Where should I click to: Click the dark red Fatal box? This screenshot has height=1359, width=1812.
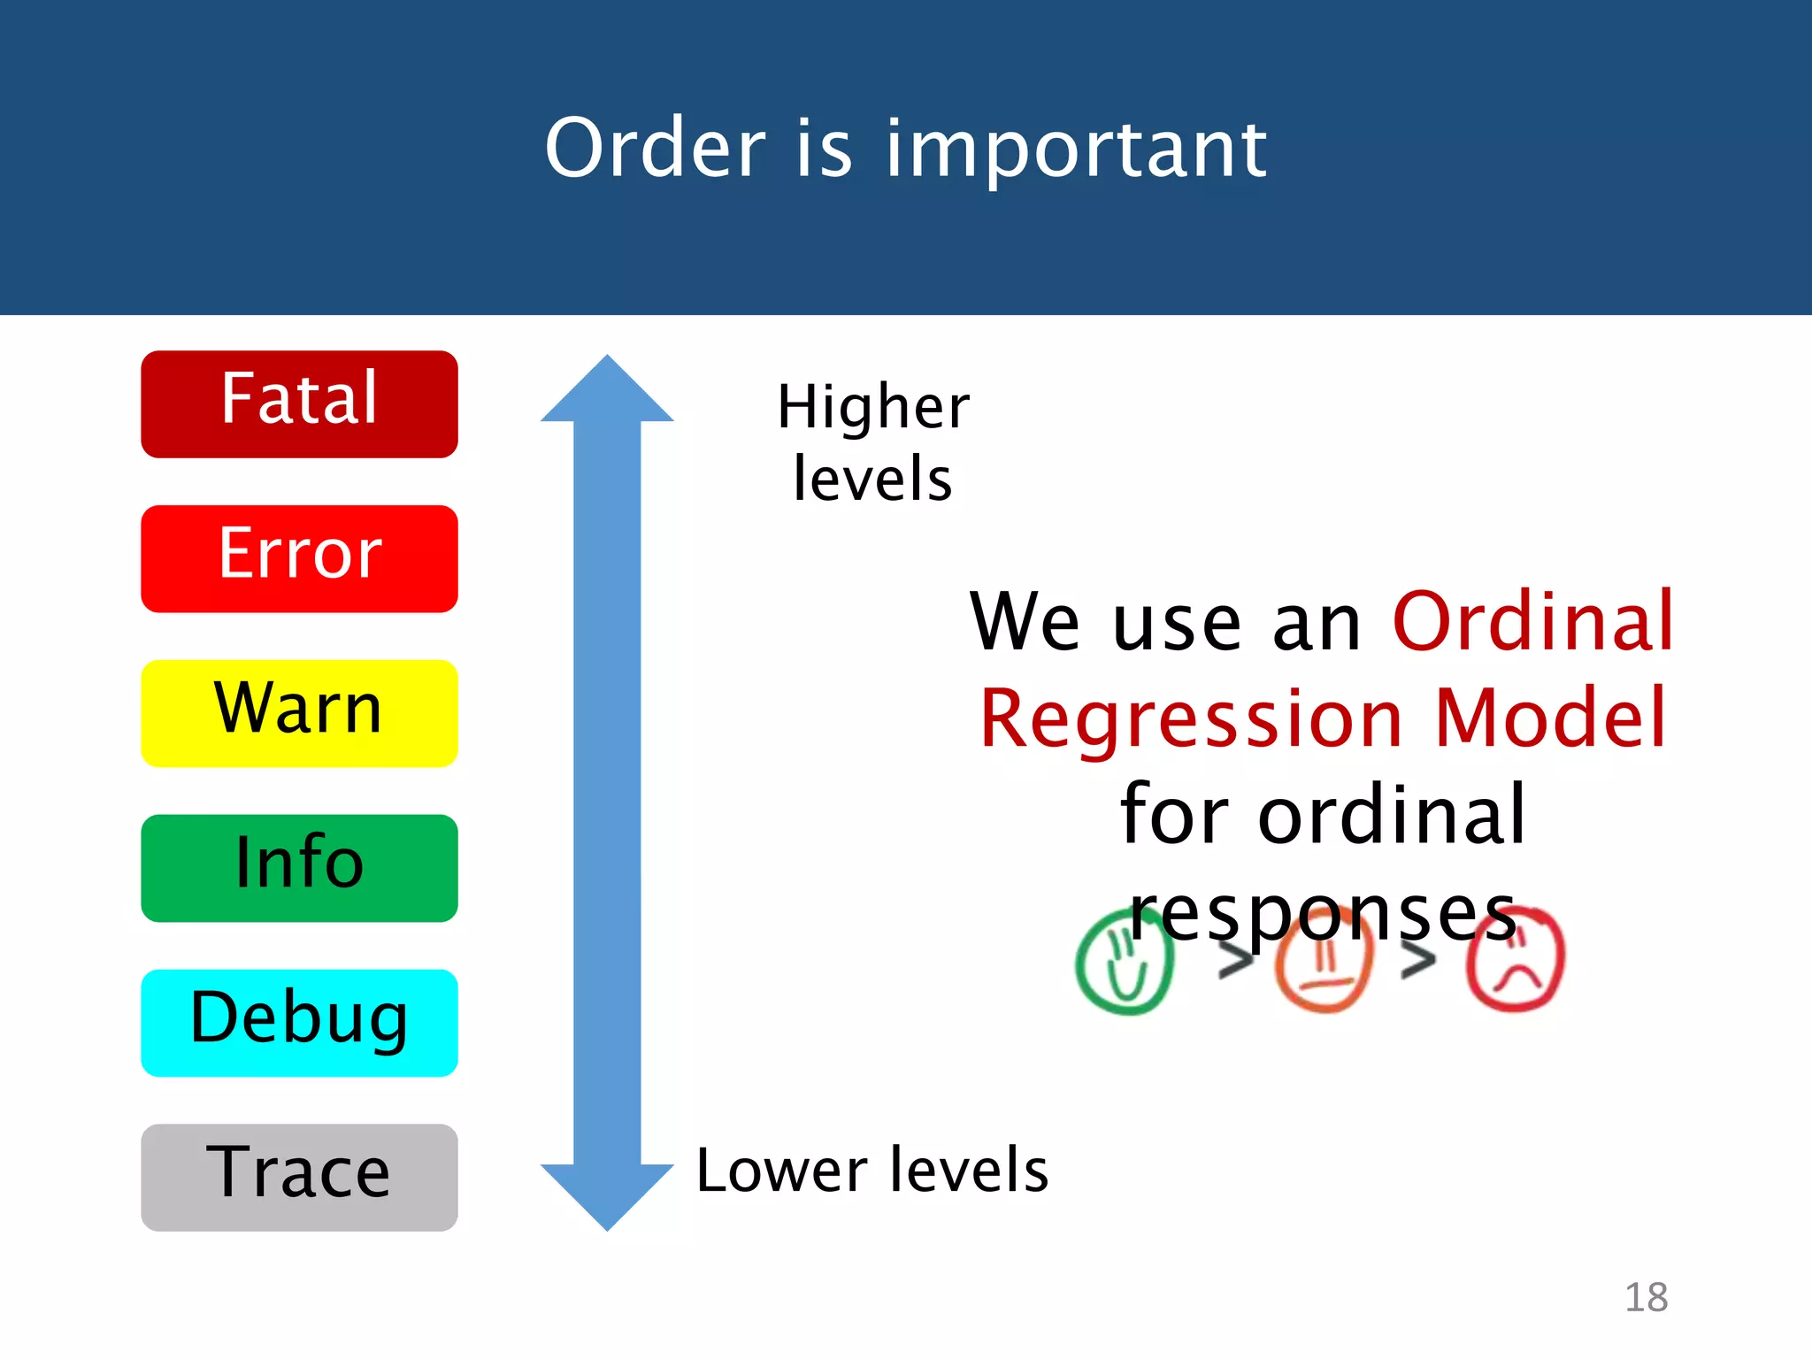(x=299, y=404)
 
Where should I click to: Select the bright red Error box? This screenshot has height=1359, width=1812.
(x=299, y=558)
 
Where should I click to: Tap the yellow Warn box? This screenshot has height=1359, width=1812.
(x=299, y=713)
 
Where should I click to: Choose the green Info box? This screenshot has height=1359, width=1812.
(x=299, y=868)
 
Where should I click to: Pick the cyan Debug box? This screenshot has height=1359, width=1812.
(x=299, y=1023)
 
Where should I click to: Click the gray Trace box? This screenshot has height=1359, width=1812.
(x=299, y=1177)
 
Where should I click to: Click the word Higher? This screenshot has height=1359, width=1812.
(x=873, y=408)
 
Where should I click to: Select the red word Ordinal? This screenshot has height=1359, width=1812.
(x=1533, y=622)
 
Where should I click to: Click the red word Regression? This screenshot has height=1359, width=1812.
(x=1191, y=718)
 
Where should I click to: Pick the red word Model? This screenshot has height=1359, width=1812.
(x=1550, y=718)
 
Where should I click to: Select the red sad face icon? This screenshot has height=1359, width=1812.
(x=1515, y=963)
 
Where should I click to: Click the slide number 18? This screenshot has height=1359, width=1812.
(x=1646, y=1298)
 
